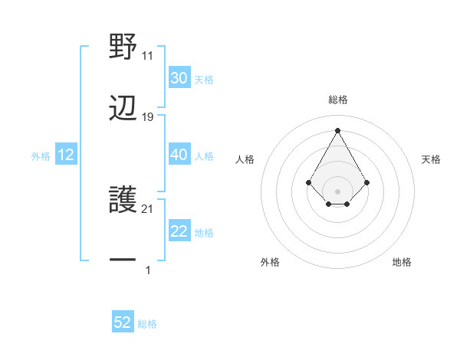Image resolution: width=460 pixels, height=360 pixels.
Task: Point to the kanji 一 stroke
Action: click(x=123, y=260)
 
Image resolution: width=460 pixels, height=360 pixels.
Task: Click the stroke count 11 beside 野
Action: click(x=148, y=56)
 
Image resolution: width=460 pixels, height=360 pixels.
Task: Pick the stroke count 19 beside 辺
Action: click(x=148, y=117)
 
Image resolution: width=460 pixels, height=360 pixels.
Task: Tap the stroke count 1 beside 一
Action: click(x=148, y=270)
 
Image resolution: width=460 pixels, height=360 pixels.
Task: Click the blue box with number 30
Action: click(x=179, y=78)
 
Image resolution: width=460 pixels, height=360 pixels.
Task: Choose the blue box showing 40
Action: click(x=179, y=155)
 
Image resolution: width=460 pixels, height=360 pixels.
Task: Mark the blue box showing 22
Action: click(x=179, y=231)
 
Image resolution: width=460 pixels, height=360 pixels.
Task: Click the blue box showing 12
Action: click(x=66, y=155)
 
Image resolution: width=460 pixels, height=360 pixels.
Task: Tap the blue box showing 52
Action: click(x=123, y=323)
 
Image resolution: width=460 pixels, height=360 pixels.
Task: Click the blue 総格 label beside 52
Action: click(x=147, y=324)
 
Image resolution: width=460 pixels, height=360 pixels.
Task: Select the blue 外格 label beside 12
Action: click(x=41, y=155)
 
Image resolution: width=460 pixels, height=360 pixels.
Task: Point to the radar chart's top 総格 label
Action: click(x=338, y=100)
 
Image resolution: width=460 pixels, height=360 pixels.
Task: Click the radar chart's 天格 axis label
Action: click(x=431, y=159)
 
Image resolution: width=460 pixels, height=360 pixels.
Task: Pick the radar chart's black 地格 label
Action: click(x=402, y=262)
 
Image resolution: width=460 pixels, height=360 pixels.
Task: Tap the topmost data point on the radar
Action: click(x=338, y=130)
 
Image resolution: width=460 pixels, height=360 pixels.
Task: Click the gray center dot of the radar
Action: click(x=338, y=191)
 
